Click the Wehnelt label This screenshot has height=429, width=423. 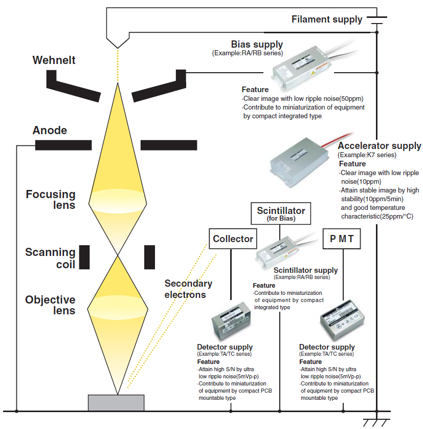pyautogui.click(x=54, y=60)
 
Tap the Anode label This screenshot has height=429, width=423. pyautogui.click(x=50, y=131)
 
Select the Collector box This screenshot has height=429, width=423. pyautogui.click(x=233, y=239)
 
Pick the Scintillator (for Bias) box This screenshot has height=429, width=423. pyautogui.click(x=281, y=213)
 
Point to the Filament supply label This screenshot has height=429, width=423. pyautogui.click(x=327, y=19)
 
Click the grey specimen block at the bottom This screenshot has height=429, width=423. pyautogui.click(x=116, y=402)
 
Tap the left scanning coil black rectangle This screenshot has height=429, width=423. pyautogui.click(x=85, y=257)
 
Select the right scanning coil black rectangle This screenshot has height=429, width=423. pyautogui.click(x=149, y=257)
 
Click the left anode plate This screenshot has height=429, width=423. pyautogui.click(x=63, y=145)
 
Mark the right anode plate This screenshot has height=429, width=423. pyautogui.click(x=168, y=145)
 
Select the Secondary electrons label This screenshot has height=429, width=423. pyautogui.click(x=188, y=289)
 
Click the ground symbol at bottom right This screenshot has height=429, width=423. pyautogui.click(x=376, y=422)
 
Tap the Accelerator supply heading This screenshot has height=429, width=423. pyautogui.click(x=380, y=146)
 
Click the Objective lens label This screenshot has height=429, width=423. pyautogui.click(x=50, y=305)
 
